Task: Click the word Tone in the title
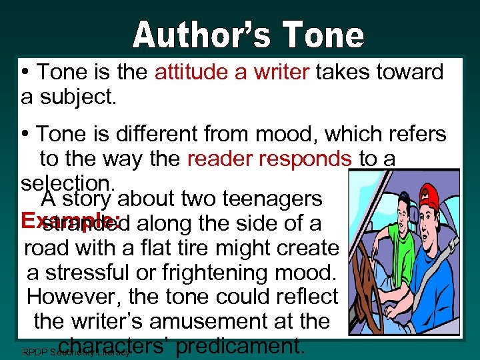[326, 35]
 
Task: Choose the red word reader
[217, 159]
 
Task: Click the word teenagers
[273, 198]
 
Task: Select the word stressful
[101, 273]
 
